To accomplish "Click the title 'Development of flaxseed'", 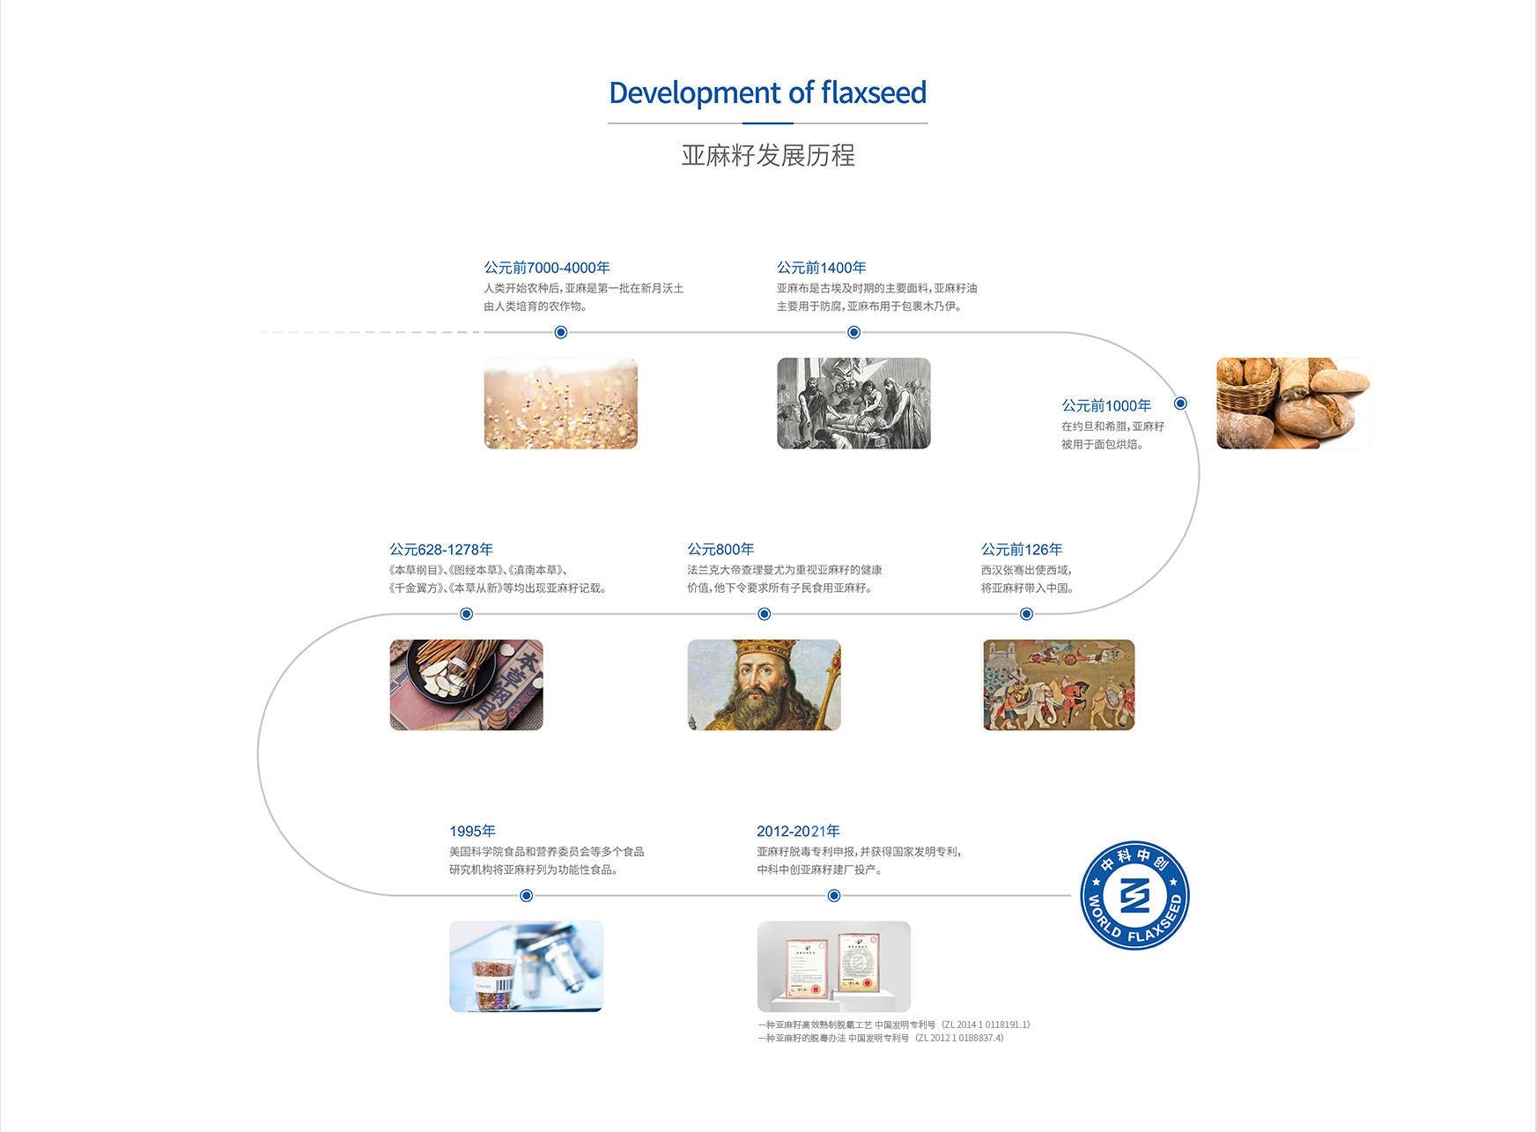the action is point(767,92).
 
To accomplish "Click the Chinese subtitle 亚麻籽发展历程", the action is point(768,155).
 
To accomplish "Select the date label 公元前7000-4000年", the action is point(547,268).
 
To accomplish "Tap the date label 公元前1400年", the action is point(821,268).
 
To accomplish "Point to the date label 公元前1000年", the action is point(1106,405).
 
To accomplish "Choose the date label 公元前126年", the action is point(1022,550).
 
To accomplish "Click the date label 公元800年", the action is point(720,550).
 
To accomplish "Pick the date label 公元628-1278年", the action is point(441,550).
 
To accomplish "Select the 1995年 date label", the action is point(472,832).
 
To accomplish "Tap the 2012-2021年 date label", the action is point(798,832).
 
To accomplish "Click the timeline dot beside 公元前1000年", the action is point(1180,403).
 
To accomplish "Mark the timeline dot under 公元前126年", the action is point(1026,614).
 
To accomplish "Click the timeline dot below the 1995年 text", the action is point(526,896).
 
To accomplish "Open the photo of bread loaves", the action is point(1293,403).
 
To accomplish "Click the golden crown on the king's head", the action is point(765,650).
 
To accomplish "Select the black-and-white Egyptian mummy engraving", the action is point(853,403).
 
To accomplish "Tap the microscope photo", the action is point(526,966).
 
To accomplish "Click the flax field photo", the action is point(560,403).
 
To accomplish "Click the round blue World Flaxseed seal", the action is point(1135,896).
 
